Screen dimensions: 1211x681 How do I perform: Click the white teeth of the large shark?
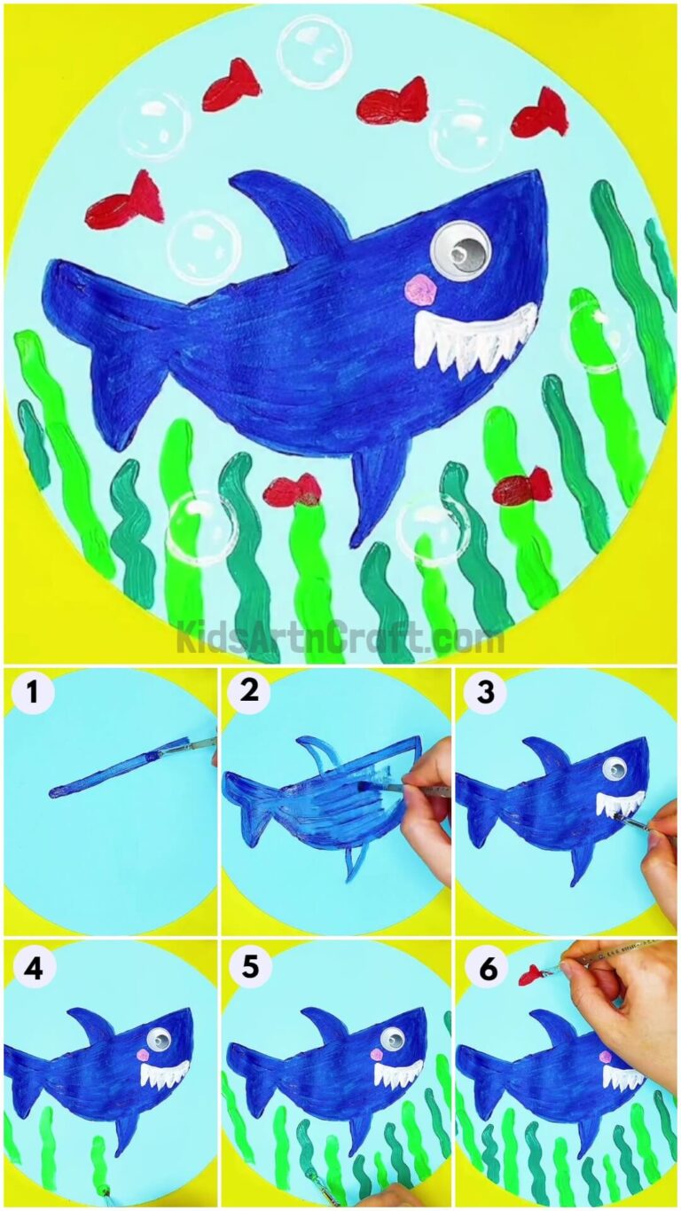click(x=474, y=337)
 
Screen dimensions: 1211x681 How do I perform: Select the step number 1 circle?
click(x=32, y=695)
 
